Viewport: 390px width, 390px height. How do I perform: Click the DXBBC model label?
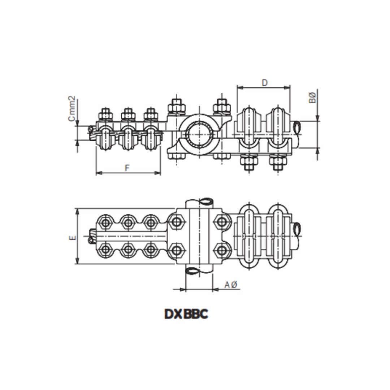[x=186, y=314]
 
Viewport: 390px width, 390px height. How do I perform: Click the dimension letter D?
[x=265, y=83]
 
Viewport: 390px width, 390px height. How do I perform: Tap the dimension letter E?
[x=73, y=237]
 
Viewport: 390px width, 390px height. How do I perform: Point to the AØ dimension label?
[x=230, y=285]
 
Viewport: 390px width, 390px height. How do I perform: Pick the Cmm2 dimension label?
[x=71, y=108]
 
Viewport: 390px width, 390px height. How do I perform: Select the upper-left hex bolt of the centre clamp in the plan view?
[x=176, y=221]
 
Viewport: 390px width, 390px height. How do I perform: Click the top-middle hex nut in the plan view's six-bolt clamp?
[x=128, y=222]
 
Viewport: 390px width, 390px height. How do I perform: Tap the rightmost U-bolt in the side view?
[x=278, y=128]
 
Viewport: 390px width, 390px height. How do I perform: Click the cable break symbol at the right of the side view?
[x=298, y=127]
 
